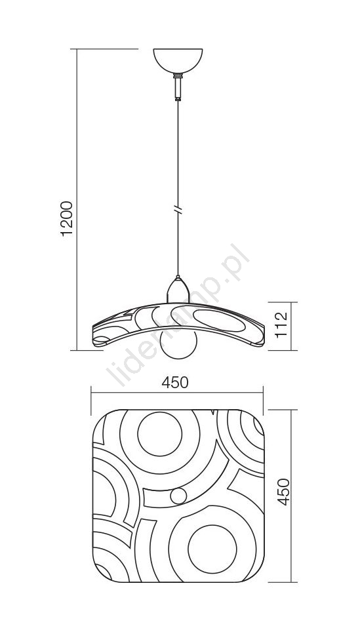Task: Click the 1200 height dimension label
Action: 66,218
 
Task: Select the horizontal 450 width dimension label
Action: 175,382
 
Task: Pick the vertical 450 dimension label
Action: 284,492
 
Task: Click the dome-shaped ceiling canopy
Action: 178,61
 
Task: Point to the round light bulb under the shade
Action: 178,344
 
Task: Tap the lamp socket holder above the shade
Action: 178,290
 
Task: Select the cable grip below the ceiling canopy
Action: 178,87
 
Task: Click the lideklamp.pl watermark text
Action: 178,315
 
